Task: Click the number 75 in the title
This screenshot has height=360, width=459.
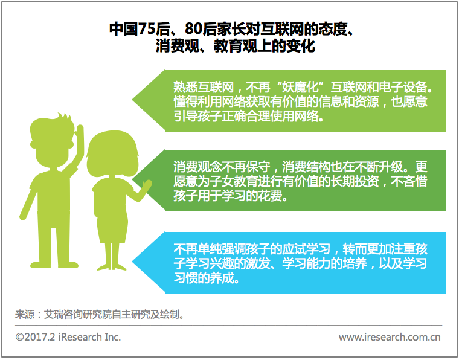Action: click(146, 29)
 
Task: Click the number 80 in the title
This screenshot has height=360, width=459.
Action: click(194, 29)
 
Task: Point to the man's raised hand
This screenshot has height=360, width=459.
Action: click(79, 133)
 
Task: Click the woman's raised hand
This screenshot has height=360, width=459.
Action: click(146, 185)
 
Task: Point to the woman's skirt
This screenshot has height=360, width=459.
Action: click(112, 227)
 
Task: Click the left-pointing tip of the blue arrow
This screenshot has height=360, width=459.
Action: click(132, 262)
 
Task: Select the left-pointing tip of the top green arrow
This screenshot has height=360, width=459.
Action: click(132, 100)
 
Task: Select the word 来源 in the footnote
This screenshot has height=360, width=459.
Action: click(25, 315)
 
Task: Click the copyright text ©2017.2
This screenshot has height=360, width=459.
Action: click(35, 337)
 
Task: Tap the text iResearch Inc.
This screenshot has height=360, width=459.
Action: click(89, 337)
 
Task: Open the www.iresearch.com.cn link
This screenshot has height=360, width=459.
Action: click(390, 338)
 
